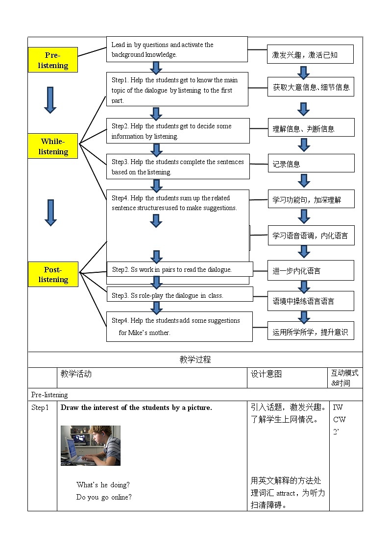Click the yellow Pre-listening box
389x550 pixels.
(53, 60)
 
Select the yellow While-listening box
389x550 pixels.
(53, 146)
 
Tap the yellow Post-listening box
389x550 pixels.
(53, 274)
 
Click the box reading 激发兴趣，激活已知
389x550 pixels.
(310, 54)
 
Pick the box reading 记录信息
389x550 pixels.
(311, 164)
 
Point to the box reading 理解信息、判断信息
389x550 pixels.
(311, 128)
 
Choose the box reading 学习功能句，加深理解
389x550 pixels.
(311, 199)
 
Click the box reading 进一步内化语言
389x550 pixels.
(311, 270)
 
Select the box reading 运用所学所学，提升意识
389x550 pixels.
(311, 332)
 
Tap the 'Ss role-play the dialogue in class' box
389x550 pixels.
(179, 295)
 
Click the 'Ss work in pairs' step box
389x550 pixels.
(179, 269)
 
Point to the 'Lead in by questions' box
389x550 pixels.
(177, 49)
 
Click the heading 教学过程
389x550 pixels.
(195, 359)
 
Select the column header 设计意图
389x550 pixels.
(267, 374)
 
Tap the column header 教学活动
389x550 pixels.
(76, 374)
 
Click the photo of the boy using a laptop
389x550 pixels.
(91, 445)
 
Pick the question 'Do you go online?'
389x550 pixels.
(104, 497)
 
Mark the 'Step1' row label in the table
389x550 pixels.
(40, 407)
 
